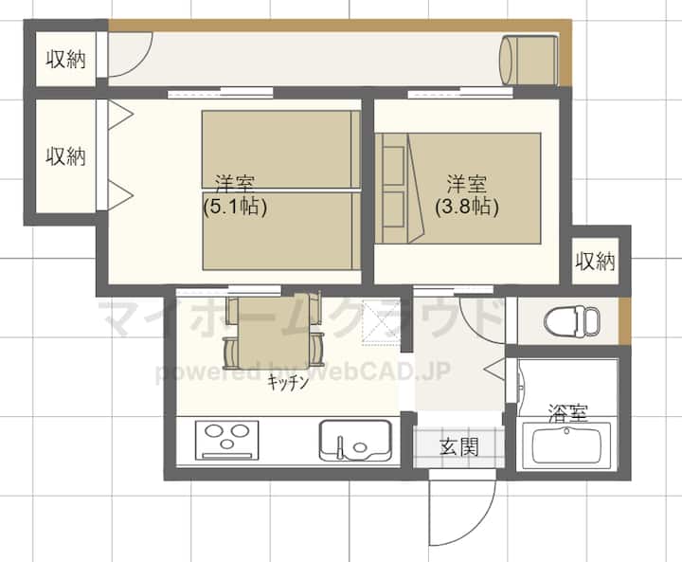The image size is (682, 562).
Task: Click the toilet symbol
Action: click(571, 321)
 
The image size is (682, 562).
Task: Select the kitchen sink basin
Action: click(355, 440)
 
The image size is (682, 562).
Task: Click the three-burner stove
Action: click(226, 440)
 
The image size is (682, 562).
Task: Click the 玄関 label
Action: click(458, 446)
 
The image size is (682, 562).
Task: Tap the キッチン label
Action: click(288, 382)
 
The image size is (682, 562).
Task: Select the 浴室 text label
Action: click(568, 412)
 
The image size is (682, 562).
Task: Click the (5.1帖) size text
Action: click(235, 208)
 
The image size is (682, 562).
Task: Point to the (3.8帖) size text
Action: click(467, 207)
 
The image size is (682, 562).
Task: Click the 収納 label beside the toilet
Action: click(595, 262)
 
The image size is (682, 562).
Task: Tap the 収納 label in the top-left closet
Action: click(65, 59)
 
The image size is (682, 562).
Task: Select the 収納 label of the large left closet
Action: click(65, 155)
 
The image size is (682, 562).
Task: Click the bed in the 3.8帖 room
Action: click(458, 188)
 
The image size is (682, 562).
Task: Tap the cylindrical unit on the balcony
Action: click(529, 61)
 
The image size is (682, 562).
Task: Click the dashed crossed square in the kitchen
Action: click(381, 321)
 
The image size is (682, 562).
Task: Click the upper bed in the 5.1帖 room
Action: click(281, 150)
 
